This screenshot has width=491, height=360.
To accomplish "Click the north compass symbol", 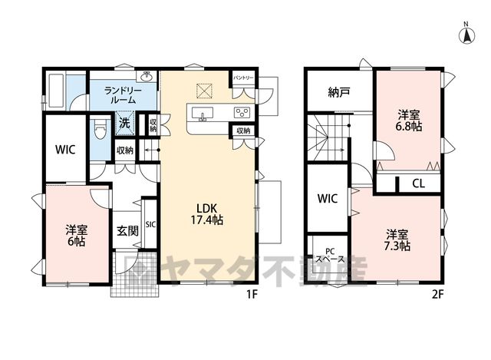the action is [x=466, y=34].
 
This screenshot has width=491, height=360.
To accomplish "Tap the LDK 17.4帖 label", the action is [x=207, y=214].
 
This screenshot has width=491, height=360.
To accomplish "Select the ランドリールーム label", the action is [x=123, y=95].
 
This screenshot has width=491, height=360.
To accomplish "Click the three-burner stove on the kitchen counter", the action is [x=242, y=113].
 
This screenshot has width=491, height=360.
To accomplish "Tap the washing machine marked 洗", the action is [x=125, y=123].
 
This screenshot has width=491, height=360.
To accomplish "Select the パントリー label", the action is [x=243, y=77].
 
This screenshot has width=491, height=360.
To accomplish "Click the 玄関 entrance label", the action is [x=128, y=231].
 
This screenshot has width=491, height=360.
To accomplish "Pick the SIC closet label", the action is [x=150, y=225].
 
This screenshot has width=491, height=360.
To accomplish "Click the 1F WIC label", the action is [x=65, y=150].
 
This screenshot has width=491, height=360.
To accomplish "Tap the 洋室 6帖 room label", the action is [x=77, y=236].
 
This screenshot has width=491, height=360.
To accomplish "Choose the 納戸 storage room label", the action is [x=339, y=92].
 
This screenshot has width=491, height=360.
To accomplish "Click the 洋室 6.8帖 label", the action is [x=409, y=121].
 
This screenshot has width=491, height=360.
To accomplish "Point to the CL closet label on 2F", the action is [x=418, y=183].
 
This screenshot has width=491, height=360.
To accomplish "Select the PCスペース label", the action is [x=330, y=256].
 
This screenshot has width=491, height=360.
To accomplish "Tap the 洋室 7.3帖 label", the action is [x=397, y=240].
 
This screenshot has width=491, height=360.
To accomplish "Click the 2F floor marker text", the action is [x=438, y=294].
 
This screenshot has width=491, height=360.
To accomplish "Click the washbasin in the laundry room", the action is [x=146, y=76].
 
